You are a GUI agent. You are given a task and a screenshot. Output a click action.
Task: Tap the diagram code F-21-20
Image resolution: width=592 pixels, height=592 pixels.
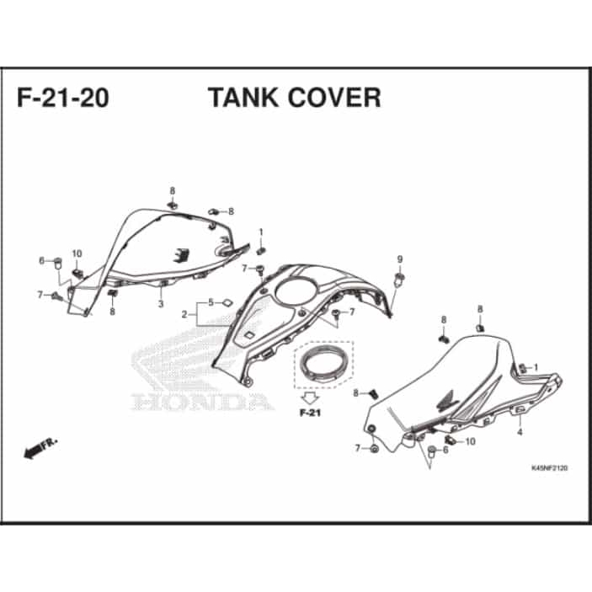[62, 98]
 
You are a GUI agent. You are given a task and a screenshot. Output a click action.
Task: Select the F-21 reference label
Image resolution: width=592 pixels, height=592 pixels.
[310, 413]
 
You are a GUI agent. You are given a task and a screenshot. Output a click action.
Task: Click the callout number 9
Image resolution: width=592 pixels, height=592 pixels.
[400, 259]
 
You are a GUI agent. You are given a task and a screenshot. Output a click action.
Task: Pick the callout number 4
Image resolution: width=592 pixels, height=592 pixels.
[520, 432]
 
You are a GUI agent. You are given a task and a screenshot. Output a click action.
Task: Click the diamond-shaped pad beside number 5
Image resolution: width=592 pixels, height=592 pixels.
[227, 301]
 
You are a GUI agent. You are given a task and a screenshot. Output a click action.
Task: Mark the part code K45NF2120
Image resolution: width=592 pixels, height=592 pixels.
[548, 468]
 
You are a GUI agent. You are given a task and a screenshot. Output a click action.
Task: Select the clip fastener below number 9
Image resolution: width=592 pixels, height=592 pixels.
[400, 277]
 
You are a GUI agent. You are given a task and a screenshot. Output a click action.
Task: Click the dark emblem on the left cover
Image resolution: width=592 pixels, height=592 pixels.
[179, 253]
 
